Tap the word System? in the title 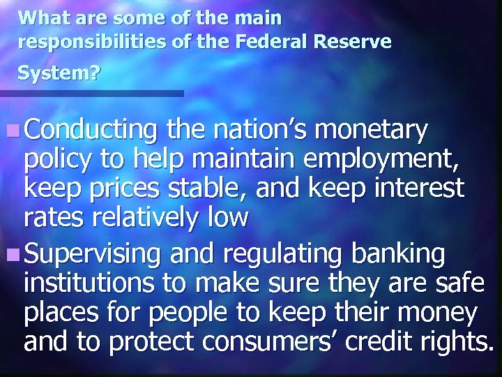pyautogui.click(x=59, y=72)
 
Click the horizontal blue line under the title pyautogui.click(x=91, y=93)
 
